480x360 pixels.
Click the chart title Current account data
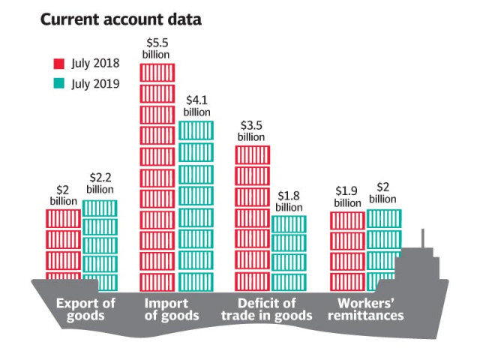121,20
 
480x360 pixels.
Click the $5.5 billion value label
157,49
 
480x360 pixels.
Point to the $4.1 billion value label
197,104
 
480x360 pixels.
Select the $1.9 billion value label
347,197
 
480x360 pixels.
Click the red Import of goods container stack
157,177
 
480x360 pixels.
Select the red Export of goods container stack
63,244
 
